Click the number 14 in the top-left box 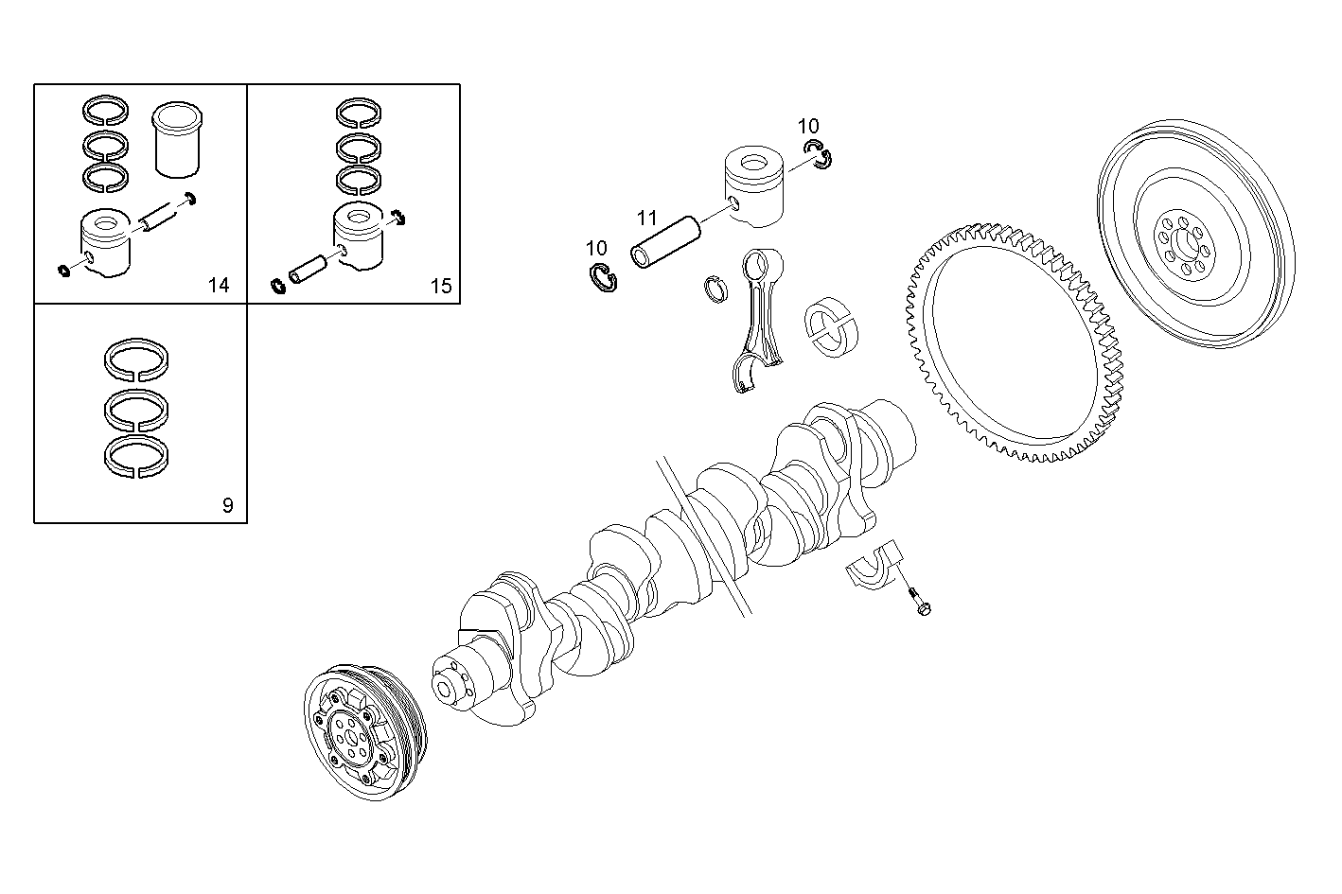[219, 286]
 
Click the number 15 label [441, 286]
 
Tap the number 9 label [227, 505]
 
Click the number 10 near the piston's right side [808, 126]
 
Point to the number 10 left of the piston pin [596, 249]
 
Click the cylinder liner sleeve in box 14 [178, 139]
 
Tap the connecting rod [763, 317]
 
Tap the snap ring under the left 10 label [599, 279]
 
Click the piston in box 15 [362, 237]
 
